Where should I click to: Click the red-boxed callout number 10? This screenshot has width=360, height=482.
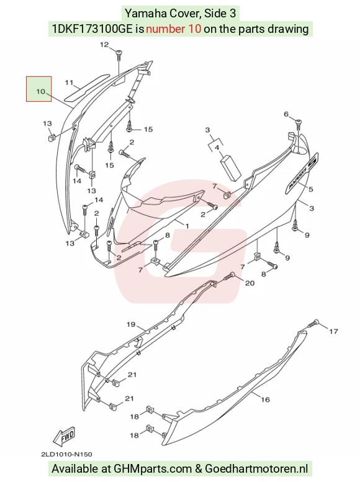click(40, 91)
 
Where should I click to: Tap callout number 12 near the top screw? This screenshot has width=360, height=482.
click(104, 45)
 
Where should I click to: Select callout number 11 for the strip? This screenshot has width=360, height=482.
click(70, 83)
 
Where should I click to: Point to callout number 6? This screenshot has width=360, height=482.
click(286, 114)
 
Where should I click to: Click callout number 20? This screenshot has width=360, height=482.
click(250, 283)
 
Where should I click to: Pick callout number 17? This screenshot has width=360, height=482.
click(333, 331)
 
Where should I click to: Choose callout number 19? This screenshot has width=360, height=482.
click(131, 324)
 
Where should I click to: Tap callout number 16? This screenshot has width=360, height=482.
click(265, 399)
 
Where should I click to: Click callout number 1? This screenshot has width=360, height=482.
click(187, 226)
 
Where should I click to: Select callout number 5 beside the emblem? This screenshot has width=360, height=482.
click(311, 189)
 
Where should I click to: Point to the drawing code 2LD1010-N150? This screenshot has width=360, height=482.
click(67, 454)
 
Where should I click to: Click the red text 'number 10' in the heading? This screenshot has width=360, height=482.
click(174, 29)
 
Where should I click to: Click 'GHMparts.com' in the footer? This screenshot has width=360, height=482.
click(153, 469)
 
